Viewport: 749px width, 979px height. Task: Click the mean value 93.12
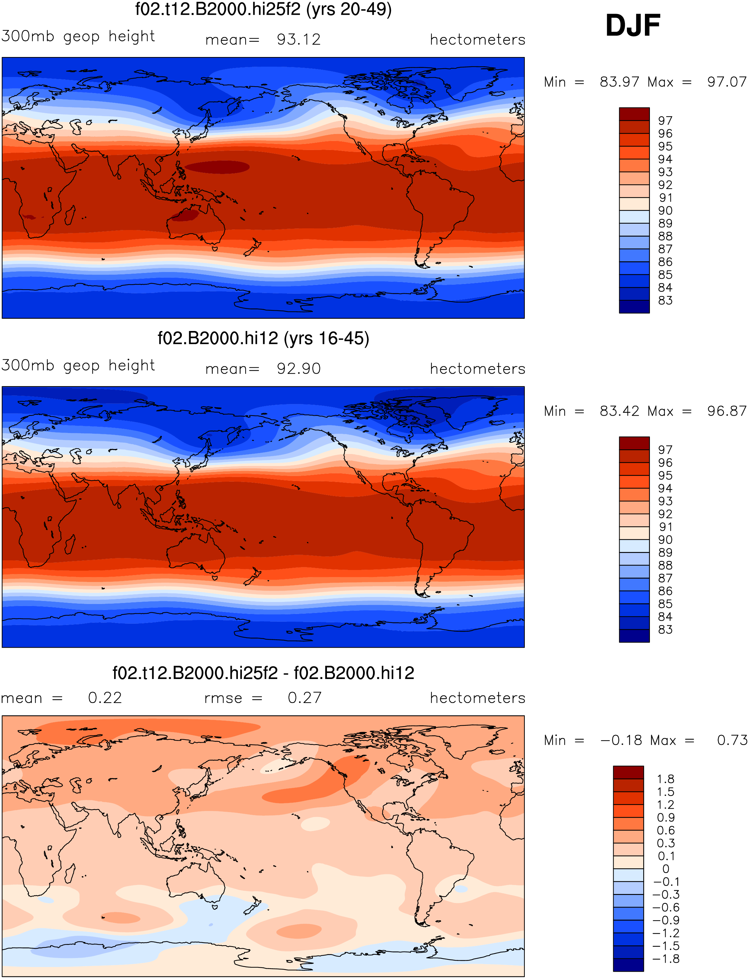298,40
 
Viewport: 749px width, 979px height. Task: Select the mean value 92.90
298,369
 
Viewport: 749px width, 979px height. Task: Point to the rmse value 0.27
305,698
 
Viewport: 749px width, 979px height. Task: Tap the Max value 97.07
726,82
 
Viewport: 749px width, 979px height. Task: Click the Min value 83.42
619,411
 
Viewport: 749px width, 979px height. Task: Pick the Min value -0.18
621,740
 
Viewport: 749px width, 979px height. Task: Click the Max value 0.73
732,740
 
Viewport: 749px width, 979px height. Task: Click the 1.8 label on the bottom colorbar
665,779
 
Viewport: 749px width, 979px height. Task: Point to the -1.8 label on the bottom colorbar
666,959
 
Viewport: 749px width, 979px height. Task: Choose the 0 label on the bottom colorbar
666,869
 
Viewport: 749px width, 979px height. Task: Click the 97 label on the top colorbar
665,121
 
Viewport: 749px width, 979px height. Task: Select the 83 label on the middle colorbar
665,629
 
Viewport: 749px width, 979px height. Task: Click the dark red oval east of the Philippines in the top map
217,167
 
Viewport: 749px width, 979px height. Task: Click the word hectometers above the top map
477,40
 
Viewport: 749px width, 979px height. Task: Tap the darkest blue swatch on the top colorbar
634,306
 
